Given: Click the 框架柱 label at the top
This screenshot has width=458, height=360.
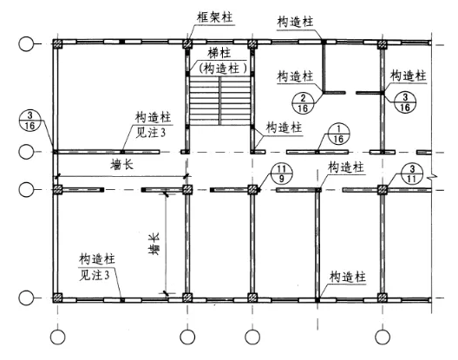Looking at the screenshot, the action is click(215, 17).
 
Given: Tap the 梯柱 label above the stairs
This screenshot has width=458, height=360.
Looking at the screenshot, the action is click(219, 54).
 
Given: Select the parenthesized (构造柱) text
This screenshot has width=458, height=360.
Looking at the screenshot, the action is click(223, 69).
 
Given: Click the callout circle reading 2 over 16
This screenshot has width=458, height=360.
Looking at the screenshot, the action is click(303, 103).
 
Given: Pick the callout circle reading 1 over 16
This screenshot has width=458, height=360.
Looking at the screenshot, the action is click(338, 134).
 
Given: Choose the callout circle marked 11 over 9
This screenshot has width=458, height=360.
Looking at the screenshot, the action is click(281, 173).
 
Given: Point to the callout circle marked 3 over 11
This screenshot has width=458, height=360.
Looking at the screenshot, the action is click(412, 173).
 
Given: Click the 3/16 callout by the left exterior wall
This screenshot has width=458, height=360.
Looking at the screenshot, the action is click(29, 121).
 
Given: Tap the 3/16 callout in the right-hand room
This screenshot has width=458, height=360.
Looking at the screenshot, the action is click(405, 102).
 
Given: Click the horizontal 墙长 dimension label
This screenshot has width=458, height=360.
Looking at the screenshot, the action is click(122, 165).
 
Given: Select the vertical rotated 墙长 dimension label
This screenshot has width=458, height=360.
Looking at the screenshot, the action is click(154, 245).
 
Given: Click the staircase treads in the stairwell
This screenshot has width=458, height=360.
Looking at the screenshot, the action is click(219, 101).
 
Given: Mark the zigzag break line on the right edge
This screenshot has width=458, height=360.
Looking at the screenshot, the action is click(433, 176).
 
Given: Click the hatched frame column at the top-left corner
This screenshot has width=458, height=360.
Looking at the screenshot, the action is click(58, 44).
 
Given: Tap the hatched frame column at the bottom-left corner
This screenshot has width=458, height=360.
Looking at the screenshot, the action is click(58, 298).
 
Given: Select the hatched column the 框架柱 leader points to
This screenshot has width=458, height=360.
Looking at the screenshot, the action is click(187, 44).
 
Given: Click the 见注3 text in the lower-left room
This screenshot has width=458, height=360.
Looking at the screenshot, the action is click(95, 275).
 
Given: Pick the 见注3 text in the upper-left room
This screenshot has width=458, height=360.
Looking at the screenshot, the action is click(150, 133).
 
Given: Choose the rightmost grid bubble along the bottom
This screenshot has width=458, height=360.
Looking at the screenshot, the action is click(383, 337).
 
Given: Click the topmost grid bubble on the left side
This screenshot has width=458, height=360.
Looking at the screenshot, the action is click(26, 44).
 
